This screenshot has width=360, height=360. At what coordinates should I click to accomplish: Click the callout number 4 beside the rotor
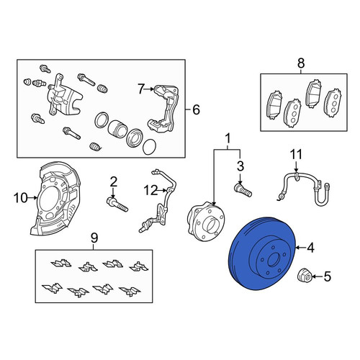(311, 248)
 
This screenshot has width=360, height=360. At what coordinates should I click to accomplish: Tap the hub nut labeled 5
(305, 276)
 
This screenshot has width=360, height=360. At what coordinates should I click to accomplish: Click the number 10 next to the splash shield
(21, 198)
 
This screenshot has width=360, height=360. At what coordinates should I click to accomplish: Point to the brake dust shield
(55, 199)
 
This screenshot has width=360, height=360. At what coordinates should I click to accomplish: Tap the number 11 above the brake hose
(296, 155)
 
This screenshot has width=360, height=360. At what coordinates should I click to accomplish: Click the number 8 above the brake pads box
(301, 63)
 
